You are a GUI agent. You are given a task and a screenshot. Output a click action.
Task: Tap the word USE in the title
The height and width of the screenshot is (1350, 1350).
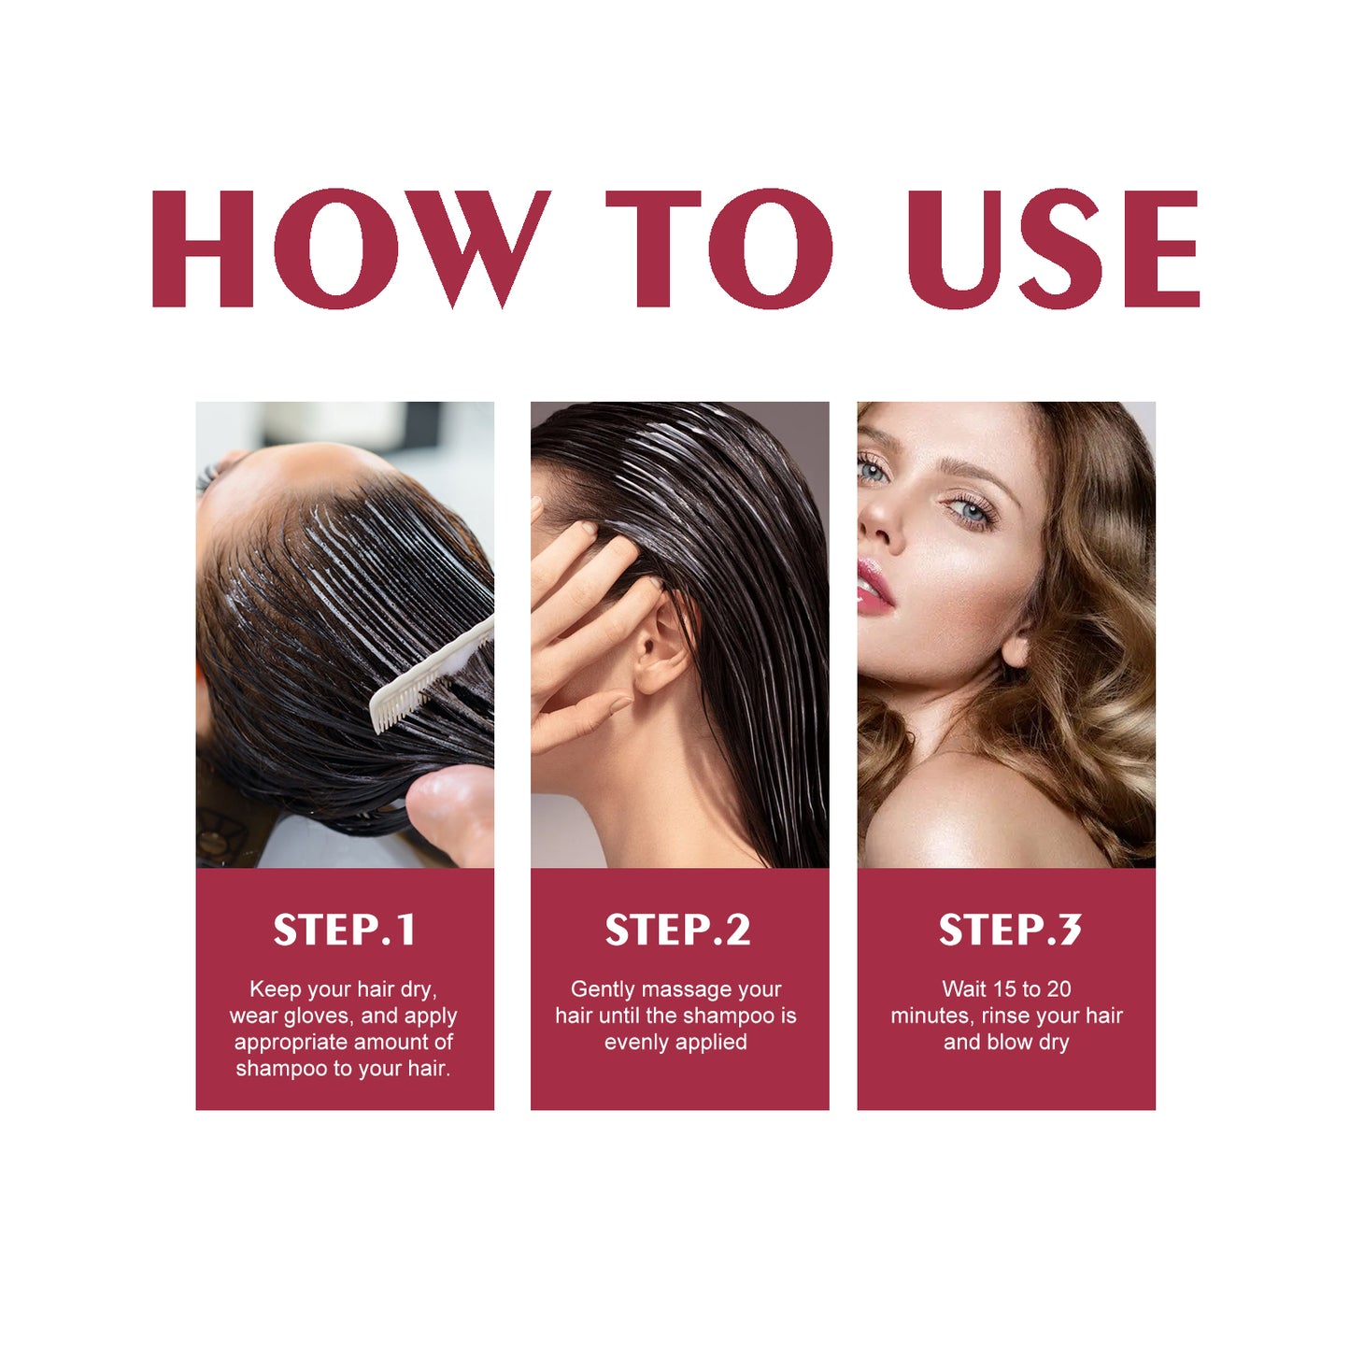[x=1053, y=249]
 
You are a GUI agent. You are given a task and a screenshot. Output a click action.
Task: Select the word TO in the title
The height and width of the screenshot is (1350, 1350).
[x=718, y=249]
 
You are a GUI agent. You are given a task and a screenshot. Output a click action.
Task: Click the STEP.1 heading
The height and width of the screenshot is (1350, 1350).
[x=344, y=930]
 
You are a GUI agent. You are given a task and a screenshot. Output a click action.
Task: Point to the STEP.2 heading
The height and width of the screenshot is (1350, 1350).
[x=677, y=930]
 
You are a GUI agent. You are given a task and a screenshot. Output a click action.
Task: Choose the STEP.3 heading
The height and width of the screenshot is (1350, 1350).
[x=1009, y=930]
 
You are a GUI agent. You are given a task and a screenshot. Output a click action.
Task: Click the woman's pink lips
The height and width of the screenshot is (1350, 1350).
[x=874, y=586]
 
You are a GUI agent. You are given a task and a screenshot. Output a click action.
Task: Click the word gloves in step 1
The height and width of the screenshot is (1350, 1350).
[x=318, y=1016]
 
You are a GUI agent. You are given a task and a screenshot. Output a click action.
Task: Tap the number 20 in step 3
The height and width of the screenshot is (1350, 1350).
[x=1058, y=989]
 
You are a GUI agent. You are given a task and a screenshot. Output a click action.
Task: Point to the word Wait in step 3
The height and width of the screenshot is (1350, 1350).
[x=963, y=989]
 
